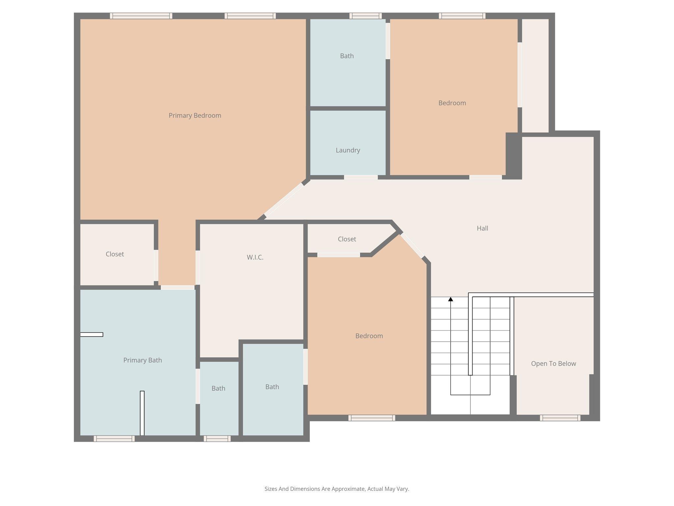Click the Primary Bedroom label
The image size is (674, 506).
click(195, 116)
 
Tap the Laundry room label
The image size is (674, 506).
click(348, 150)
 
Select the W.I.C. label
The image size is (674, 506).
click(255, 257)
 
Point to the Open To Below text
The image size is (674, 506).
click(553, 364)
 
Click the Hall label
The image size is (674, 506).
click(482, 228)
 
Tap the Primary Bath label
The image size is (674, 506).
click(143, 360)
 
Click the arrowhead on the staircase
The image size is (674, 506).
click(451, 299)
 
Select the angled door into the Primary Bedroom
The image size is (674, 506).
click(284, 200)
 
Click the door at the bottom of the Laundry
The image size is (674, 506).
click(361, 177)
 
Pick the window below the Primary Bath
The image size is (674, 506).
click(114, 438)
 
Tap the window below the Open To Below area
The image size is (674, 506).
click(560, 418)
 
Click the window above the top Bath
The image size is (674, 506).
click(365, 16)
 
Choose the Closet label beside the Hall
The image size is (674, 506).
click(347, 239)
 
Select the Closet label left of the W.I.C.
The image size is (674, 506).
click(115, 254)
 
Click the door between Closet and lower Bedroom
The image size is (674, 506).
click(338, 255)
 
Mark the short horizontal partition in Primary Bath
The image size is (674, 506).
click(92, 335)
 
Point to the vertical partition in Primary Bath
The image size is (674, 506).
click(142, 413)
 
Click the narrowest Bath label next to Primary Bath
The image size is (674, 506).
click(218, 388)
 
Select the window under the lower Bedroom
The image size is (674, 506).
click(372, 418)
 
